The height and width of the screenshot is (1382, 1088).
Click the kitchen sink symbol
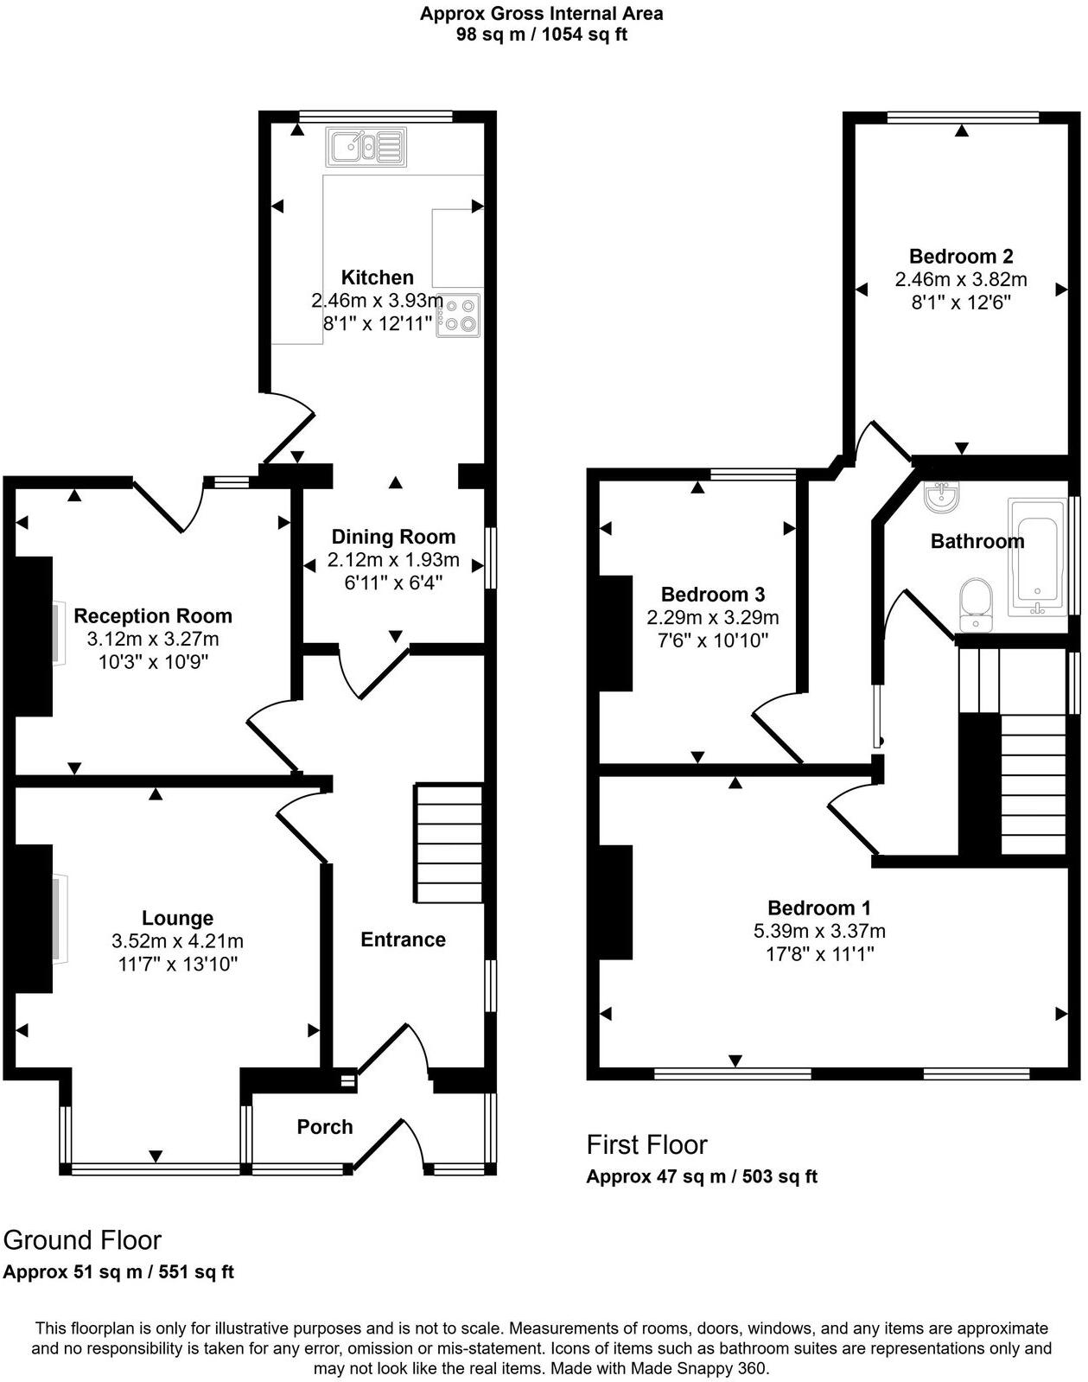366,147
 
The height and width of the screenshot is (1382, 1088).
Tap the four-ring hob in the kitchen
458,315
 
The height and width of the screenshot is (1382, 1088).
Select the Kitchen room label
377,277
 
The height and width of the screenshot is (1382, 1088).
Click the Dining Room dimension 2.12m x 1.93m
393,560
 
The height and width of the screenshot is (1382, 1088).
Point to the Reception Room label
153,616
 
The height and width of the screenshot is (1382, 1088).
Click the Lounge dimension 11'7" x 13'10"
177,964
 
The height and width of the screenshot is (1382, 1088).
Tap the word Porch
325,1127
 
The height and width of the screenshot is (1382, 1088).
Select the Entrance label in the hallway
403,940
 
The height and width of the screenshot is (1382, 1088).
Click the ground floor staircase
449,844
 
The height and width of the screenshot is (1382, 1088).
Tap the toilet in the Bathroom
977,604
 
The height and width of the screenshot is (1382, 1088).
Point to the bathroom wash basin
940,496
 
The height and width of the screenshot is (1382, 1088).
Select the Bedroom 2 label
961,257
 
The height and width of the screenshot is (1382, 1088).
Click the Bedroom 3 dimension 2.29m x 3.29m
712,618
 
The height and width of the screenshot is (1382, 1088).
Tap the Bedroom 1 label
818,908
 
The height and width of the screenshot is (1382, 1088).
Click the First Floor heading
646,1145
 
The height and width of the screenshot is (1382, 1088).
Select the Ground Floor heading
83,1240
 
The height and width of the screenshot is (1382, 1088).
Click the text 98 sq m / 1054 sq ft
542,35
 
